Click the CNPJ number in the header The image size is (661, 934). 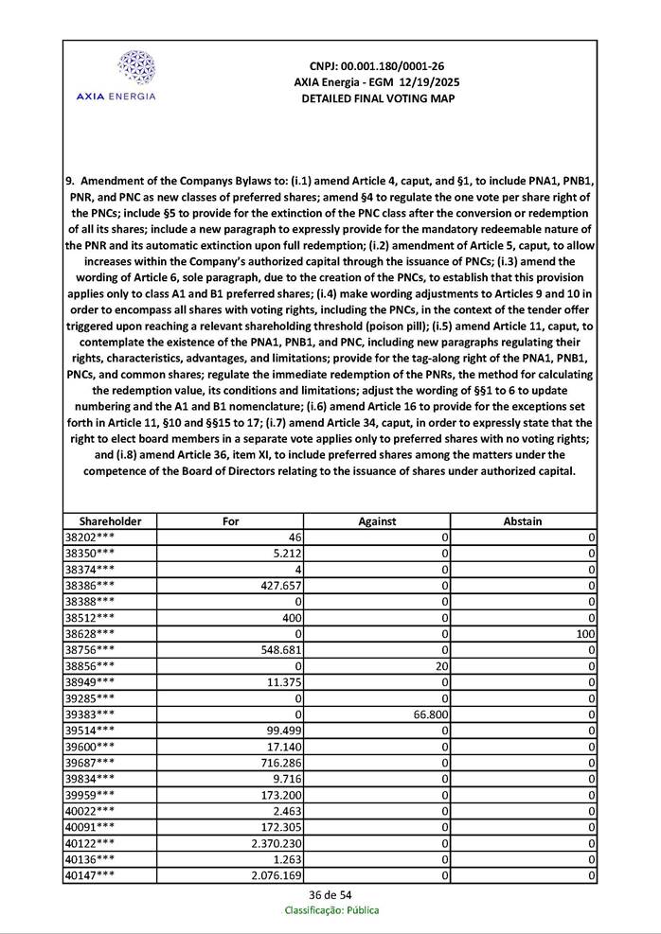point(377,66)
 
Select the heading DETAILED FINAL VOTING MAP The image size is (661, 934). point(378,98)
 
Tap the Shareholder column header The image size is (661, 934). point(110,520)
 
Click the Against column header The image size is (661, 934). point(377,520)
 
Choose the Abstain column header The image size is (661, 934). point(523,520)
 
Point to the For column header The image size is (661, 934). point(230,520)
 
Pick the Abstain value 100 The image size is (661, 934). point(584,633)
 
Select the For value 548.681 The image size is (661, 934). point(280,649)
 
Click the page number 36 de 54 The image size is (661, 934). point(330,894)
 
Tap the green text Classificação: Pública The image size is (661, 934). point(331,910)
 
